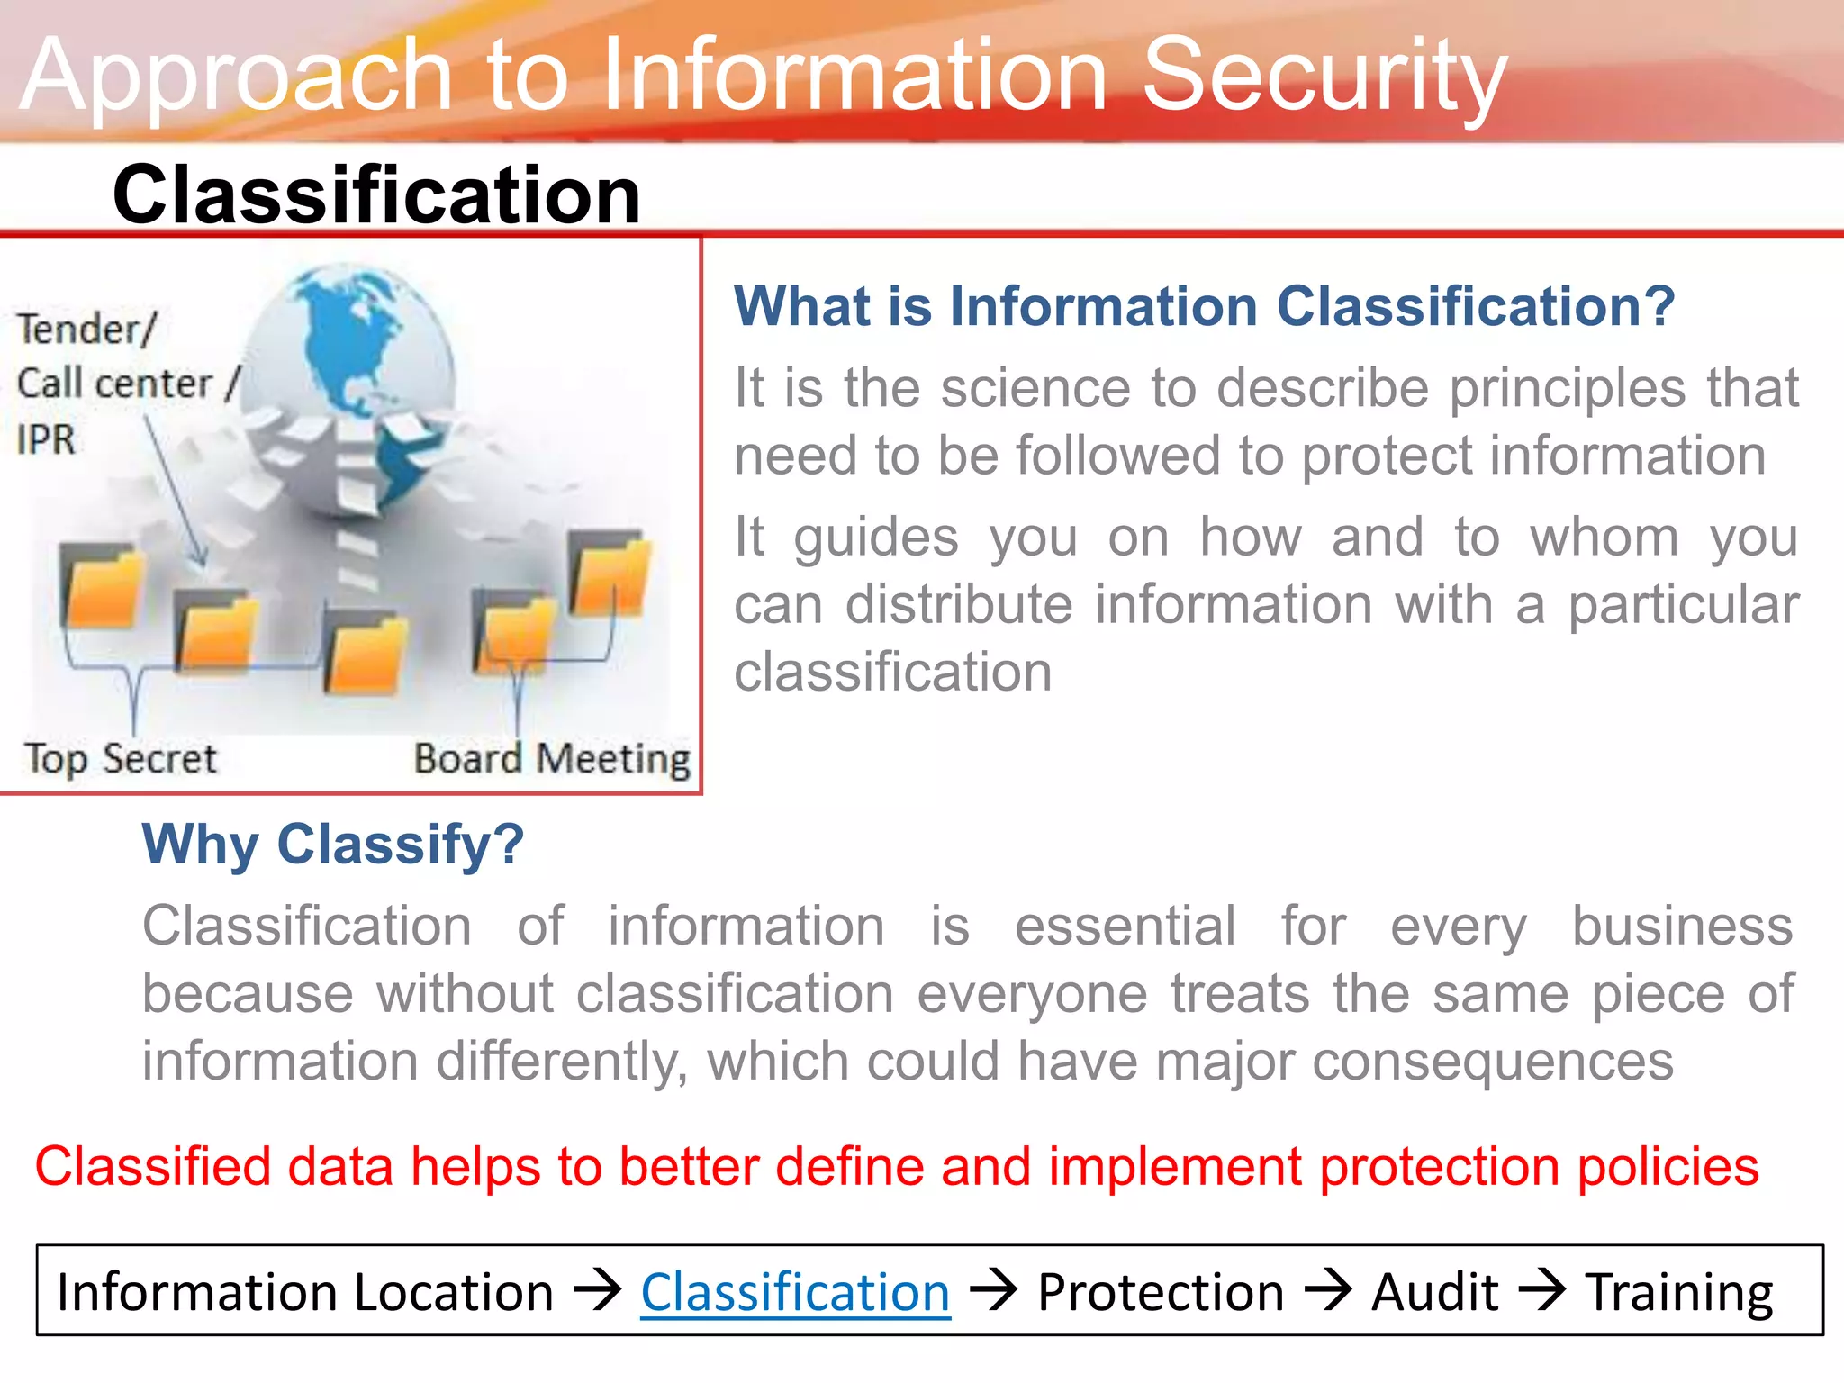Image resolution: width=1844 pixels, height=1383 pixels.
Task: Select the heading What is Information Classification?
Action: click(1204, 306)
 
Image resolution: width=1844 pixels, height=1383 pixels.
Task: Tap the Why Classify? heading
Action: click(333, 844)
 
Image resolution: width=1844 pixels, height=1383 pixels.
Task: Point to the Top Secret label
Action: click(120, 758)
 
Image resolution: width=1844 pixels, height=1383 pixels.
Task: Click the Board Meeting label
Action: click(552, 758)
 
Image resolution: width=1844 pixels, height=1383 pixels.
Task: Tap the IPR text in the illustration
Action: click(45, 439)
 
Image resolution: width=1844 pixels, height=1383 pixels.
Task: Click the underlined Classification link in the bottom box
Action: click(795, 1292)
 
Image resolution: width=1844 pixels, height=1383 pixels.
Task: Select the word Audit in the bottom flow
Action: click(1434, 1292)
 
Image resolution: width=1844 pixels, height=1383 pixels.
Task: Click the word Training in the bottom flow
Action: click(1678, 1292)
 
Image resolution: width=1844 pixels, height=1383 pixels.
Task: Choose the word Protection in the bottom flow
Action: click(1160, 1292)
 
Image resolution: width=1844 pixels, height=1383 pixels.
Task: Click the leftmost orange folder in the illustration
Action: click(102, 587)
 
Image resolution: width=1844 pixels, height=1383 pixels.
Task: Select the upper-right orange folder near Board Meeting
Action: click(610, 574)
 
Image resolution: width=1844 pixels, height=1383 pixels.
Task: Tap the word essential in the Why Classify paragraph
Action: click(1125, 926)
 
